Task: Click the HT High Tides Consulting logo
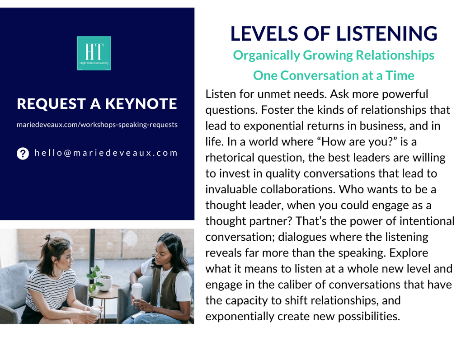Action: click(94, 53)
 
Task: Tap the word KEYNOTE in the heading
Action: click(141, 103)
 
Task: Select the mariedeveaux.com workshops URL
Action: click(97, 125)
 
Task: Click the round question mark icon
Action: click(23, 154)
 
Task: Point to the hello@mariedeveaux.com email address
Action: click(106, 153)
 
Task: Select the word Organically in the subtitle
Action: click(266, 56)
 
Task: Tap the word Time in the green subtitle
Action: click(400, 75)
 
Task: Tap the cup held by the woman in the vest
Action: click(137, 291)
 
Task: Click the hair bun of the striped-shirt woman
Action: click(47, 238)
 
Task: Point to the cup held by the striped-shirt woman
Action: click(95, 311)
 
